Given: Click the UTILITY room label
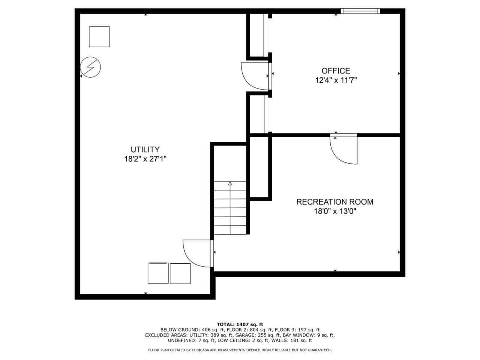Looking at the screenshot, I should (x=145, y=149).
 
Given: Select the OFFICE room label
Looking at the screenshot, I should (x=336, y=70).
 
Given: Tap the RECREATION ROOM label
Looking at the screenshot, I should (x=335, y=202).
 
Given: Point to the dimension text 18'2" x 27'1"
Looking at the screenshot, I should (x=145, y=159).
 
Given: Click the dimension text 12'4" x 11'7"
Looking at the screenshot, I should (x=336, y=80).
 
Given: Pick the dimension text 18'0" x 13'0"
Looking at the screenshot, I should (x=335, y=211).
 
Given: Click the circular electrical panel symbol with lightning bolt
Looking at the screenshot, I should (x=91, y=67).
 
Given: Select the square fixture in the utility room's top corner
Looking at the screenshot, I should (x=99, y=36).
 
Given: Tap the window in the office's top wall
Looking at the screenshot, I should (x=360, y=11).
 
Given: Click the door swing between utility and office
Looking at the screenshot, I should (x=255, y=76).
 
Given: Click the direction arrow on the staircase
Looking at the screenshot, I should (x=230, y=184).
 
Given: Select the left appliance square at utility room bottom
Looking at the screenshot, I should (x=158, y=273).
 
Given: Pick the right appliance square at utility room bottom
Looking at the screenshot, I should (x=180, y=273).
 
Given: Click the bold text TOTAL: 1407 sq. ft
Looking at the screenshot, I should (x=240, y=324).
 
